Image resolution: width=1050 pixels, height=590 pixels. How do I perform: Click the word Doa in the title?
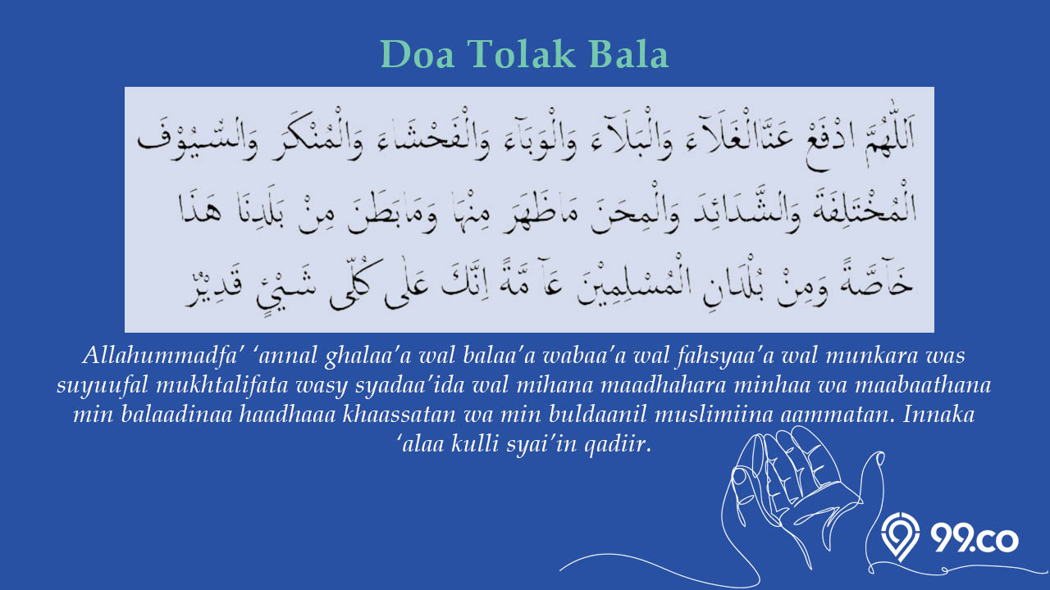point(418,54)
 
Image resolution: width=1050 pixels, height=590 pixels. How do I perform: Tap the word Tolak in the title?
point(521,54)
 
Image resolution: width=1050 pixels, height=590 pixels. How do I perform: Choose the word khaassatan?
point(399,415)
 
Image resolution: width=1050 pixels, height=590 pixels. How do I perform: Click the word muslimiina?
point(714,415)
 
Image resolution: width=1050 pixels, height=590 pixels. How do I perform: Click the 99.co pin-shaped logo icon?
point(901,537)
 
